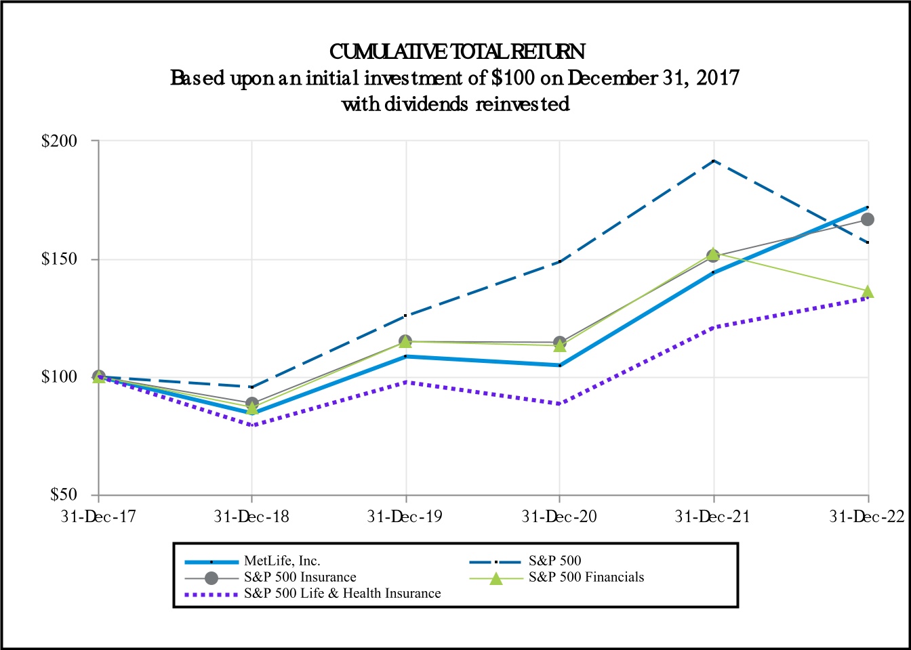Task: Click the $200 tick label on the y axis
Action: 60,142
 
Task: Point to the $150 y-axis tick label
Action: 60,259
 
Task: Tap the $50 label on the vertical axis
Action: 64,495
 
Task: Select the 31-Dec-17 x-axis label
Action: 98,517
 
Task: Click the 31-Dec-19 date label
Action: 405,517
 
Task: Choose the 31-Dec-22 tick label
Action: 868,517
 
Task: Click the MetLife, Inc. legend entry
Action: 282,561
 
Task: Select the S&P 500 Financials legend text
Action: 586,578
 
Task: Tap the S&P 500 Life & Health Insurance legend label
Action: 342,594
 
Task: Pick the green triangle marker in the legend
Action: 497,578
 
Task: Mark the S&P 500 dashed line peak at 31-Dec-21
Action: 714,160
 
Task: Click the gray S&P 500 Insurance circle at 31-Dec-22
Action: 868,219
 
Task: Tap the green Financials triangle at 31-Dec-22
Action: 868,292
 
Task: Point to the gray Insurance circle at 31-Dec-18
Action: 252,404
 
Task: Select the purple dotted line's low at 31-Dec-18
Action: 252,425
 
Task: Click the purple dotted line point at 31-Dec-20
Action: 559,404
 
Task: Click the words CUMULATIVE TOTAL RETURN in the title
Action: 457,51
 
